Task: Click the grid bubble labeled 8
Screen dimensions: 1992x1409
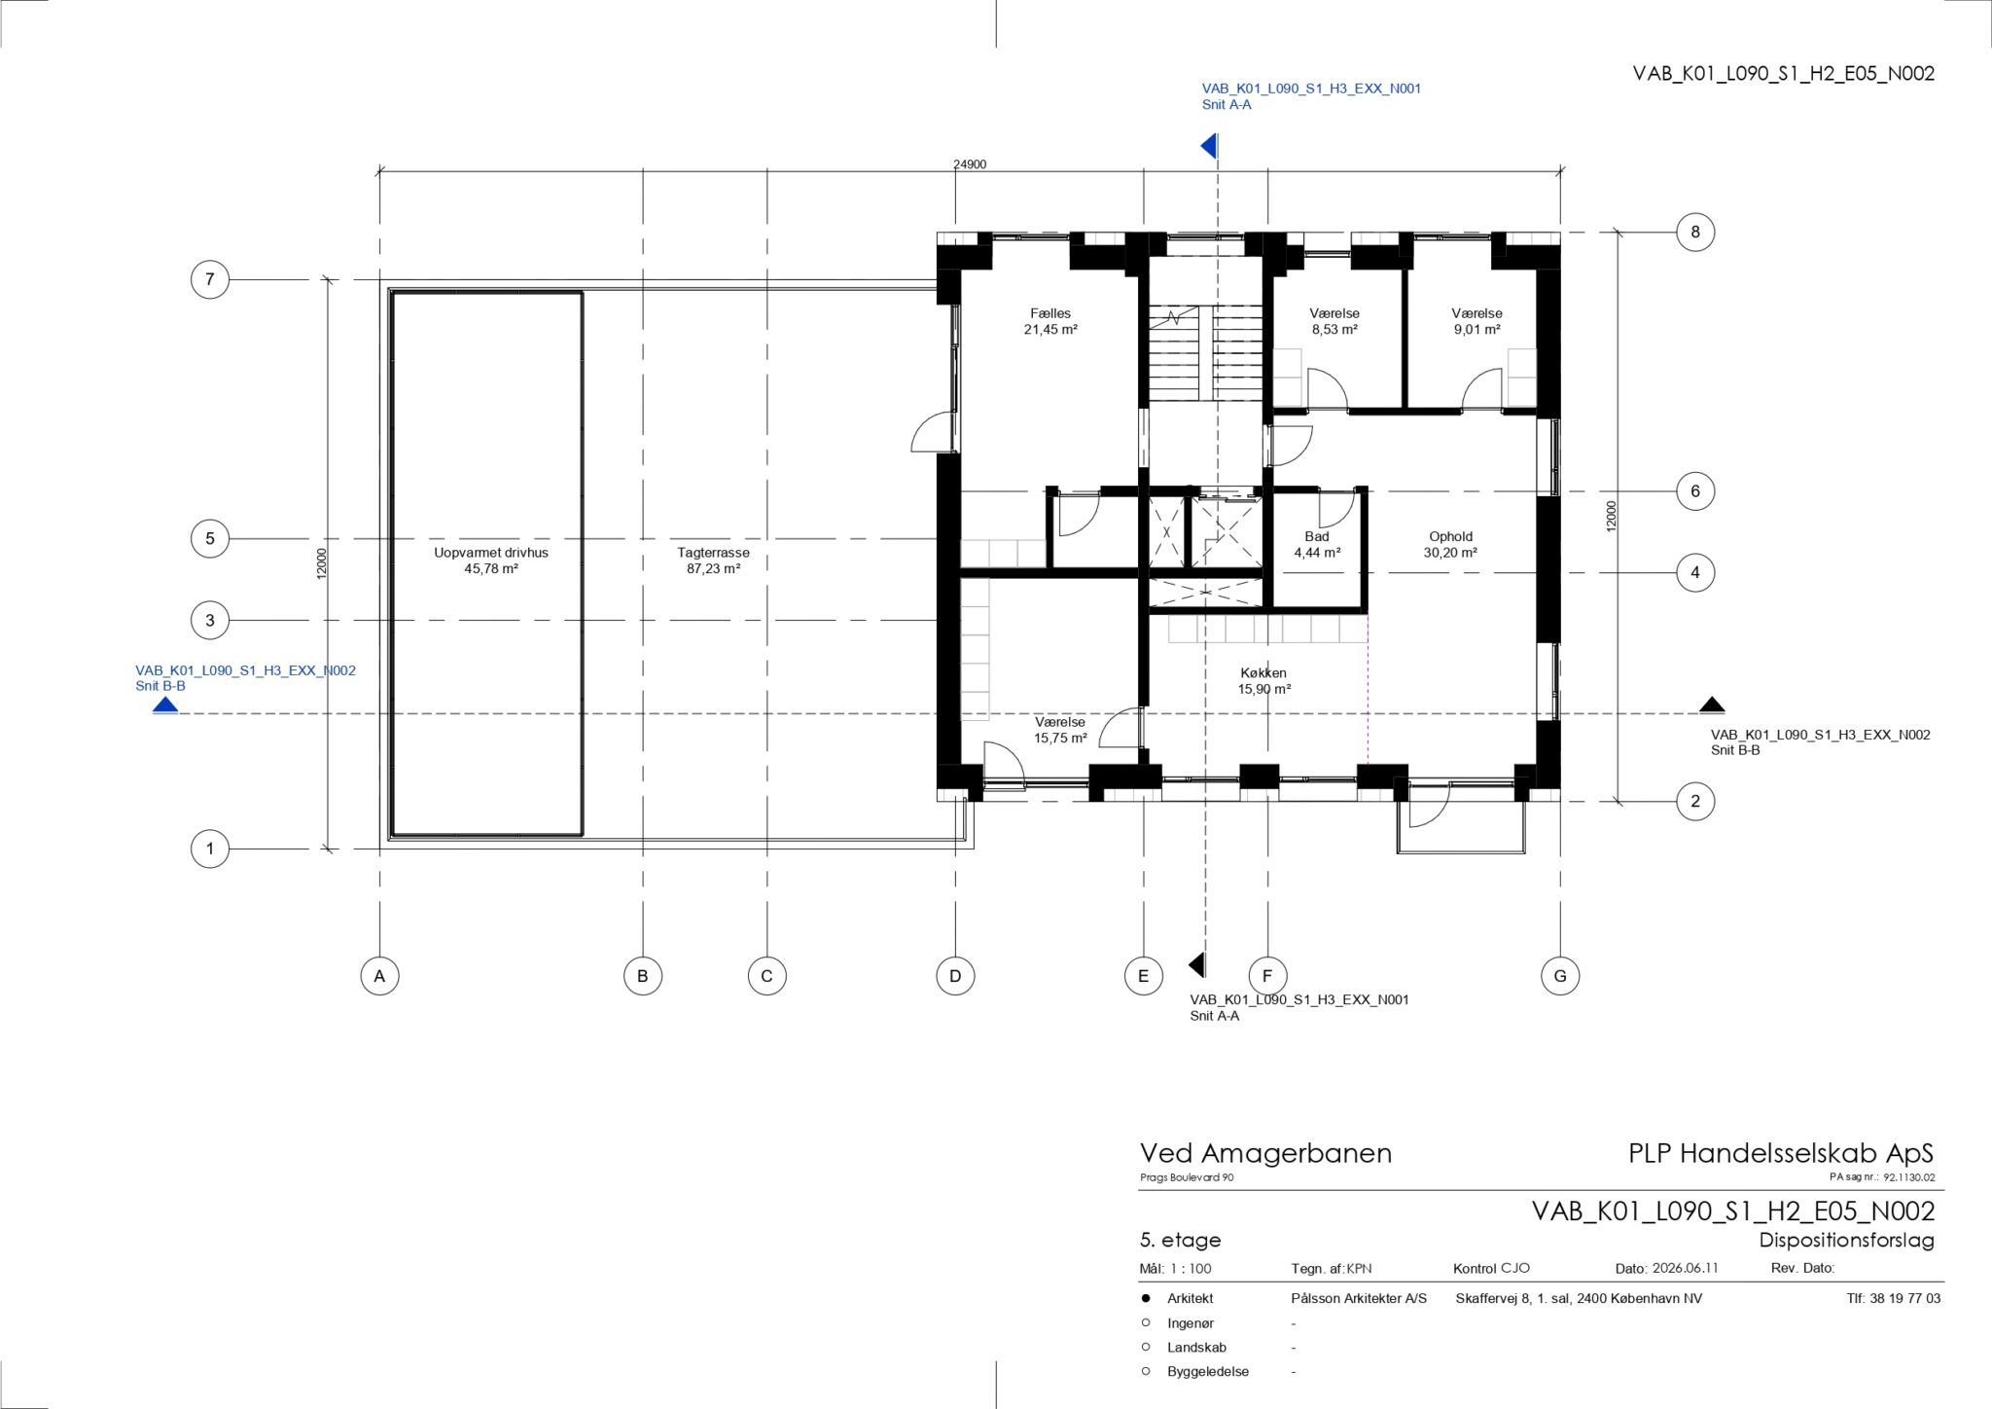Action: point(1695,232)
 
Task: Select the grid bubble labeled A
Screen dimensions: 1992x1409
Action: point(379,976)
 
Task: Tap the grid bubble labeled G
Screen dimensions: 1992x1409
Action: point(1560,976)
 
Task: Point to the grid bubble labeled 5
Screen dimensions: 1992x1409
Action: point(209,538)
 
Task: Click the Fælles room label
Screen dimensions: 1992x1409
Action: point(1050,313)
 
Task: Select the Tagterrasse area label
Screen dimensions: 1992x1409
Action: point(714,553)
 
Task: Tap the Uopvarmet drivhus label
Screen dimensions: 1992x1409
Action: point(491,553)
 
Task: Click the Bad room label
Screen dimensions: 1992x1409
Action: point(1317,536)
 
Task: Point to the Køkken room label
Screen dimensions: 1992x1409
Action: point(1263,672)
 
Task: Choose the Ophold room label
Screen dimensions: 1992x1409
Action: point(1450,536)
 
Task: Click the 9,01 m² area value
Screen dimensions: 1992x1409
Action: point(1476,329)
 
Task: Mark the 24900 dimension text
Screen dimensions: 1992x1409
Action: point(970,164)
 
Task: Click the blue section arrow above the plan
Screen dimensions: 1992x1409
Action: point(1209,146)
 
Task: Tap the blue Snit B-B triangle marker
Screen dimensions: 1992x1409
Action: point(165,704)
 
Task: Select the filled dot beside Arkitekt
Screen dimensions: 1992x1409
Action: point(1146,1298)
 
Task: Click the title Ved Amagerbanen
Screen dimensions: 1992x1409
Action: point(1265,1153)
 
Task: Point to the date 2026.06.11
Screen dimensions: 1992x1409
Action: point(1686,1268)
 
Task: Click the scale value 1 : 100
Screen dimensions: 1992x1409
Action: point(1192,1268)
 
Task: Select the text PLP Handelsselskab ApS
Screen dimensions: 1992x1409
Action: point(1781,1154)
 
